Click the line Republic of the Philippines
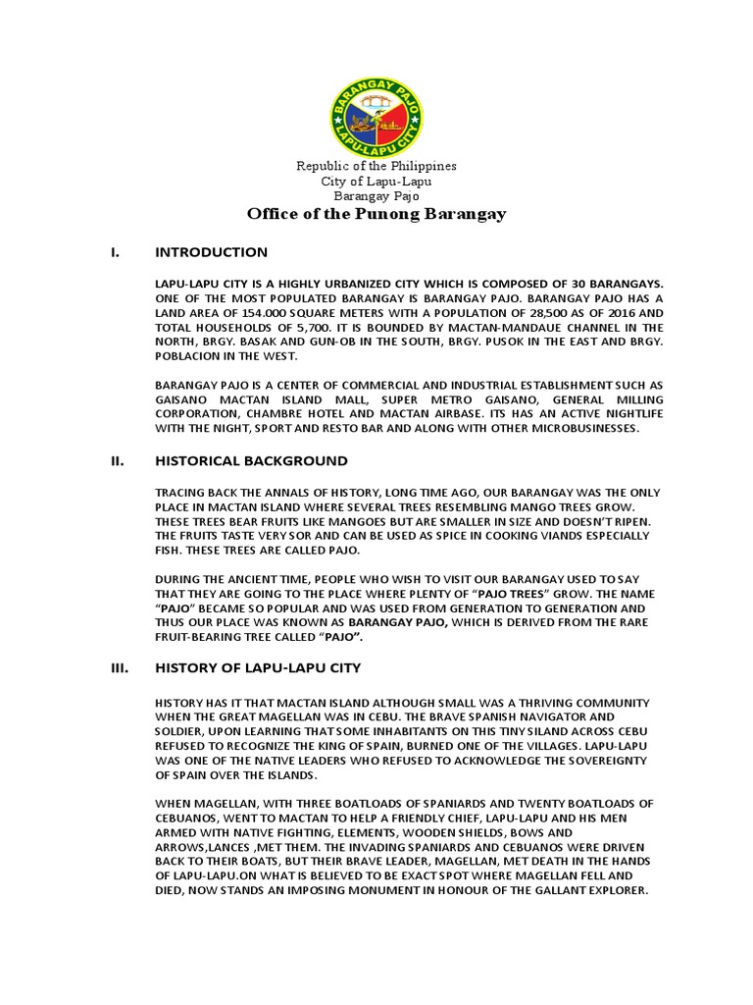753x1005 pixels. tap(376, 166)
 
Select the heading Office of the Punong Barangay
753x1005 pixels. tap(376, 213)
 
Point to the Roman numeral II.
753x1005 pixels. tap(116, 460)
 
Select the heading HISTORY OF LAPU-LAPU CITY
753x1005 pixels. tap(259, 667)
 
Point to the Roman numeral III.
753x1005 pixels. tap(117, 667)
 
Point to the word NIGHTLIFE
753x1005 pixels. tap(629, 413)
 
